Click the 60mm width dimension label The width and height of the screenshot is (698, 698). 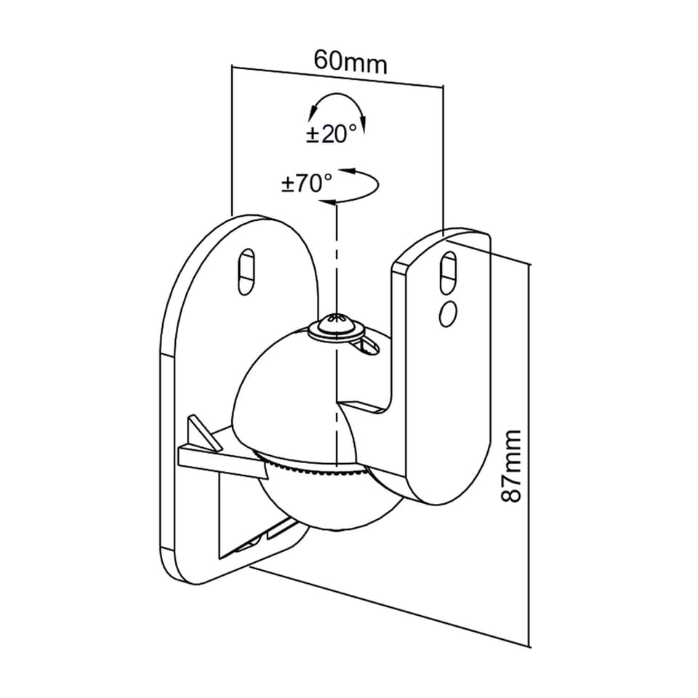tap(350, 61)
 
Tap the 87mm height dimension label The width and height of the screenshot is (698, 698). tap(513, 465)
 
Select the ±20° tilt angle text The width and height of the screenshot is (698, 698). tap(332, 135)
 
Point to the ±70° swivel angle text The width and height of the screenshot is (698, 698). tap(306, 183)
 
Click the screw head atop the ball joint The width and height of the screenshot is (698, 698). tap(336, 326)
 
